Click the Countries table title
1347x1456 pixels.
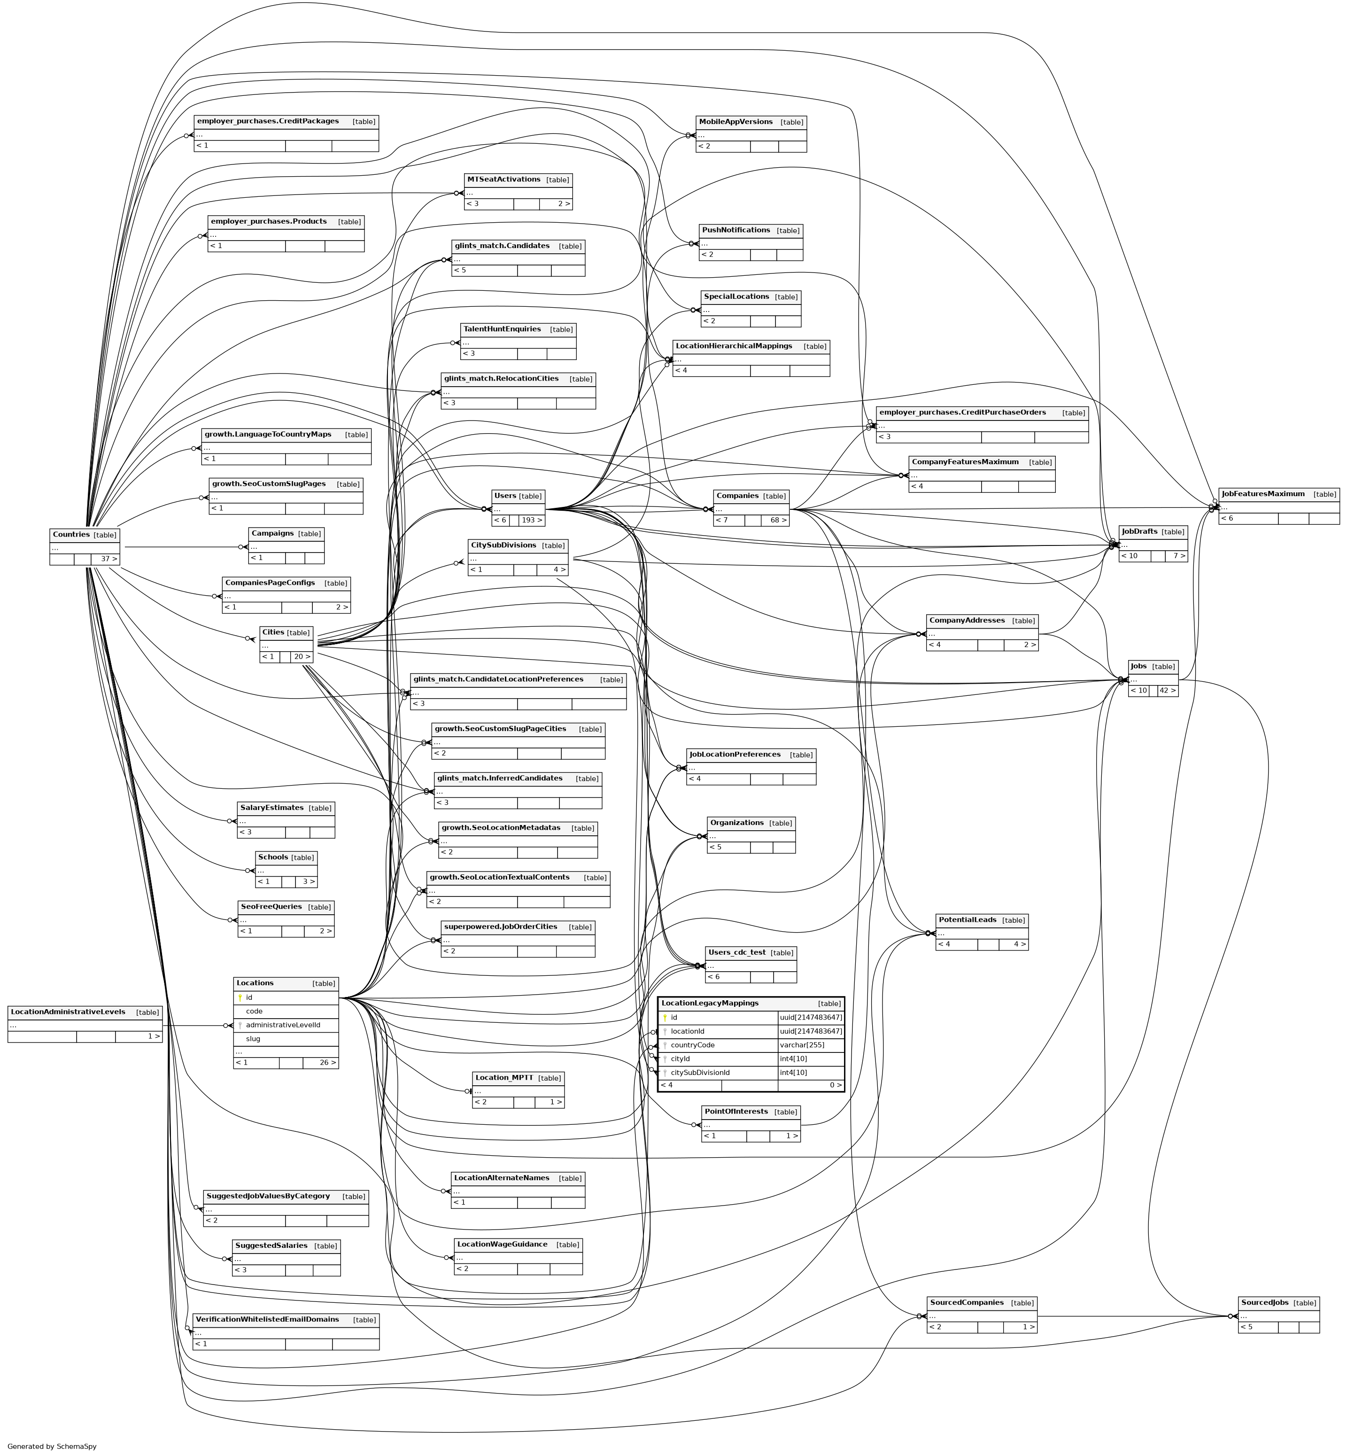[71, 534]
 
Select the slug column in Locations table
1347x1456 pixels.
[253, 1038]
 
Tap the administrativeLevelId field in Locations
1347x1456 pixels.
[282, 1024]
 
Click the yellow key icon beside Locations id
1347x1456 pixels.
[240, 997]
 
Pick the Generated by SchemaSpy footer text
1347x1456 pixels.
[52, 1446]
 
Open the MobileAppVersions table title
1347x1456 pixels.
[735, 122]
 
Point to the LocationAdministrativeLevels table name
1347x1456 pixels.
[68, 1012]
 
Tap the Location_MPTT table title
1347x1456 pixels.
[503, 1078]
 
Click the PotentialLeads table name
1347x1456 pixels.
[967, 920]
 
